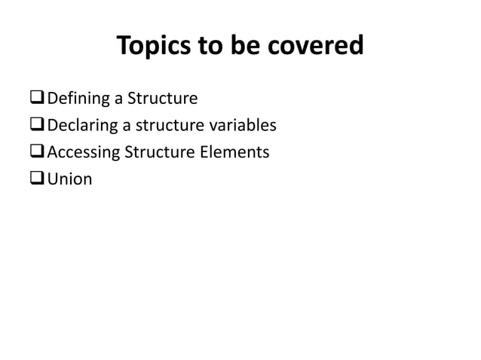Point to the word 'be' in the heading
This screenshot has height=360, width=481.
click(x=243, y=47)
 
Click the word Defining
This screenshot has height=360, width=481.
click(x=79, y=99)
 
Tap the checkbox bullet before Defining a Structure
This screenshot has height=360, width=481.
click(x=37, y=99)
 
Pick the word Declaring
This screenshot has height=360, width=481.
click(x=81, y=126)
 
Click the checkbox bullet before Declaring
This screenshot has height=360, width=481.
click(x=37, y=126)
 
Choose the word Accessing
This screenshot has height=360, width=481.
click(x=84, y=153)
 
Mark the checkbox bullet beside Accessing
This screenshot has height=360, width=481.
click(x=37, y=153)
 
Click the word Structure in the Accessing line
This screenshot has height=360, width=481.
click(x=163, y=153)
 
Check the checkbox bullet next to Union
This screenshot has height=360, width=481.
click(x=37, y=180)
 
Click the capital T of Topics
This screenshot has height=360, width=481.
click(x=124, y=47)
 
